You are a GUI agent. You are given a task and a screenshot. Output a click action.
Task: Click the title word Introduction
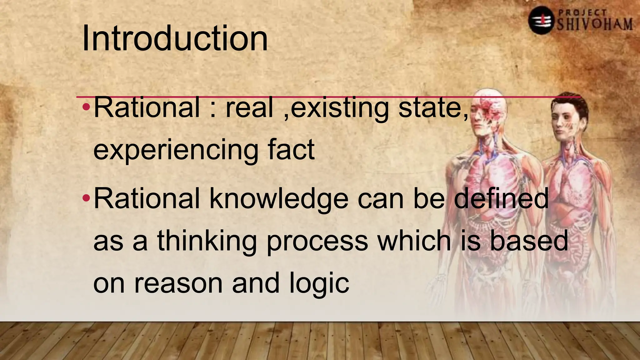[175, 39]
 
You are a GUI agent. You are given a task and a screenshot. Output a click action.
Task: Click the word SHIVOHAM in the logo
[595, 24]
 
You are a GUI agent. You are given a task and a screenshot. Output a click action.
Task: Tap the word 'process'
[317, 241]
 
